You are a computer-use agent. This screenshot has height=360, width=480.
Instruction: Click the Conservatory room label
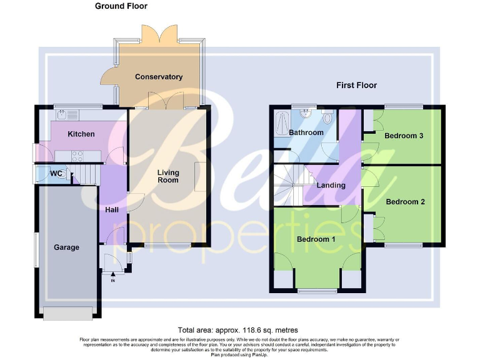159,77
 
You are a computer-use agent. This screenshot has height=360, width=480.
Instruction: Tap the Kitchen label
81,134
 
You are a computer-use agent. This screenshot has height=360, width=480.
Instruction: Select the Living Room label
167,176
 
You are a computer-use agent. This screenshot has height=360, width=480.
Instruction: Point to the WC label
56,173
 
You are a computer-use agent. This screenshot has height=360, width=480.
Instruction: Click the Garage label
66,247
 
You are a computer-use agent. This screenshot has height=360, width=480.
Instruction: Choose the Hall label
112,210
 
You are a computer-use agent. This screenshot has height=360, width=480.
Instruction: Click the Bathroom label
306,132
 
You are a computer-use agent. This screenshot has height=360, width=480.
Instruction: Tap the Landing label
331,186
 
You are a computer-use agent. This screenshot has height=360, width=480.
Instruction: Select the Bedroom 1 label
316,239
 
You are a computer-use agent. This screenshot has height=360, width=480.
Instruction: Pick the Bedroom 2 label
405,202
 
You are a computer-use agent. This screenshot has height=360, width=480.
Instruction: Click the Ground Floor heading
121,6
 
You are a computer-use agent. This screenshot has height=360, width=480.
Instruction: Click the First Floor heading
356,85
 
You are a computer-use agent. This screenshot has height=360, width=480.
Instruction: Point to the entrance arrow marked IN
113,272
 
